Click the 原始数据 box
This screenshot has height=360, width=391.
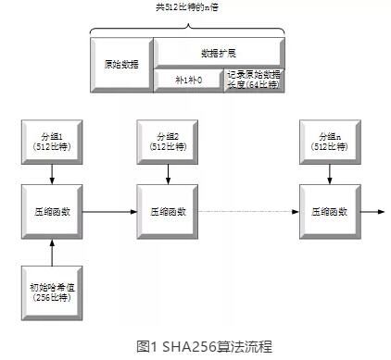pyautogui.click(x=121, y=65)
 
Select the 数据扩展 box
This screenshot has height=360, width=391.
pyautogui.click(x=219, y=53)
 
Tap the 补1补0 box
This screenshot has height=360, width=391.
pyautogui.click(x=189, y=81)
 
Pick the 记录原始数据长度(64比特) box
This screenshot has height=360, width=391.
pyautogui.click(x=254, y=81)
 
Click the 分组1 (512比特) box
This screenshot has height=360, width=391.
pyautogui.click(x=52, y=142)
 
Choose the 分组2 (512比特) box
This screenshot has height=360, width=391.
pyautogui.click(x=168, y=142)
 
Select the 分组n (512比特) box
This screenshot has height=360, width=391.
pyautogui.click(x=330, y=142)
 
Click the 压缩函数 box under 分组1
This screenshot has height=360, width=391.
pyautogui.click(x=52, y=212)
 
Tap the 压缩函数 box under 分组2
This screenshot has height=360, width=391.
pyautogui.click(x=168, y=212)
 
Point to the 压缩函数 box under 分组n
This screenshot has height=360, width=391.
pyautogui.click(x=330, y=212)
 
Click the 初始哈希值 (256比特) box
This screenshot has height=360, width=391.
pyautogui.click(x=52, y=293)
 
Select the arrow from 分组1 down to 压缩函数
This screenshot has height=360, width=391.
pyautogui.click(x=52, y=174)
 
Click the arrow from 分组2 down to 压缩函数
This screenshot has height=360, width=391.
pyautogui.click(x=168, y=174)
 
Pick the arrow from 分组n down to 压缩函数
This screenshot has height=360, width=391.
pyautogui.click(x=330, y=174)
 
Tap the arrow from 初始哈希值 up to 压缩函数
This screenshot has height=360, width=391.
pyautogui.click(x=52, y=253)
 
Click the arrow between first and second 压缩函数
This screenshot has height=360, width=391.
pyautogui.click(x=109, y=212)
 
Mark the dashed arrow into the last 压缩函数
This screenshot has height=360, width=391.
pyautogui.click(x=248, y=212)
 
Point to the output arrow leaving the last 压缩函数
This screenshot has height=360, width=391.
pyautogui.click(x=372, y=212)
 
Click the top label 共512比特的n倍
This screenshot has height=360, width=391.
pyautogui.click(x=187, y=7)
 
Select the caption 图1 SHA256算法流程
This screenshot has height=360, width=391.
pyautogui.click(x=204, y=346)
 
